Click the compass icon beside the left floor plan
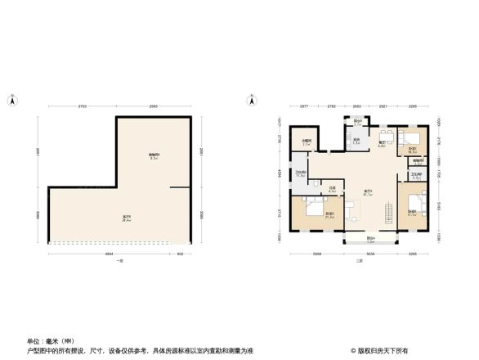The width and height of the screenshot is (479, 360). (13, 101)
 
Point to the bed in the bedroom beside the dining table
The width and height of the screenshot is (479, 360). (411, 140)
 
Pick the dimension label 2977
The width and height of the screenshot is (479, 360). (303, 107)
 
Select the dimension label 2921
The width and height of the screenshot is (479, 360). (383, 107)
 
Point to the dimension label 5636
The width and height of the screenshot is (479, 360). (369, 254)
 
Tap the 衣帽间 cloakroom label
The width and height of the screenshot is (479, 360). (306, 142)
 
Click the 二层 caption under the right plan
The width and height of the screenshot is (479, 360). (358, 260)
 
